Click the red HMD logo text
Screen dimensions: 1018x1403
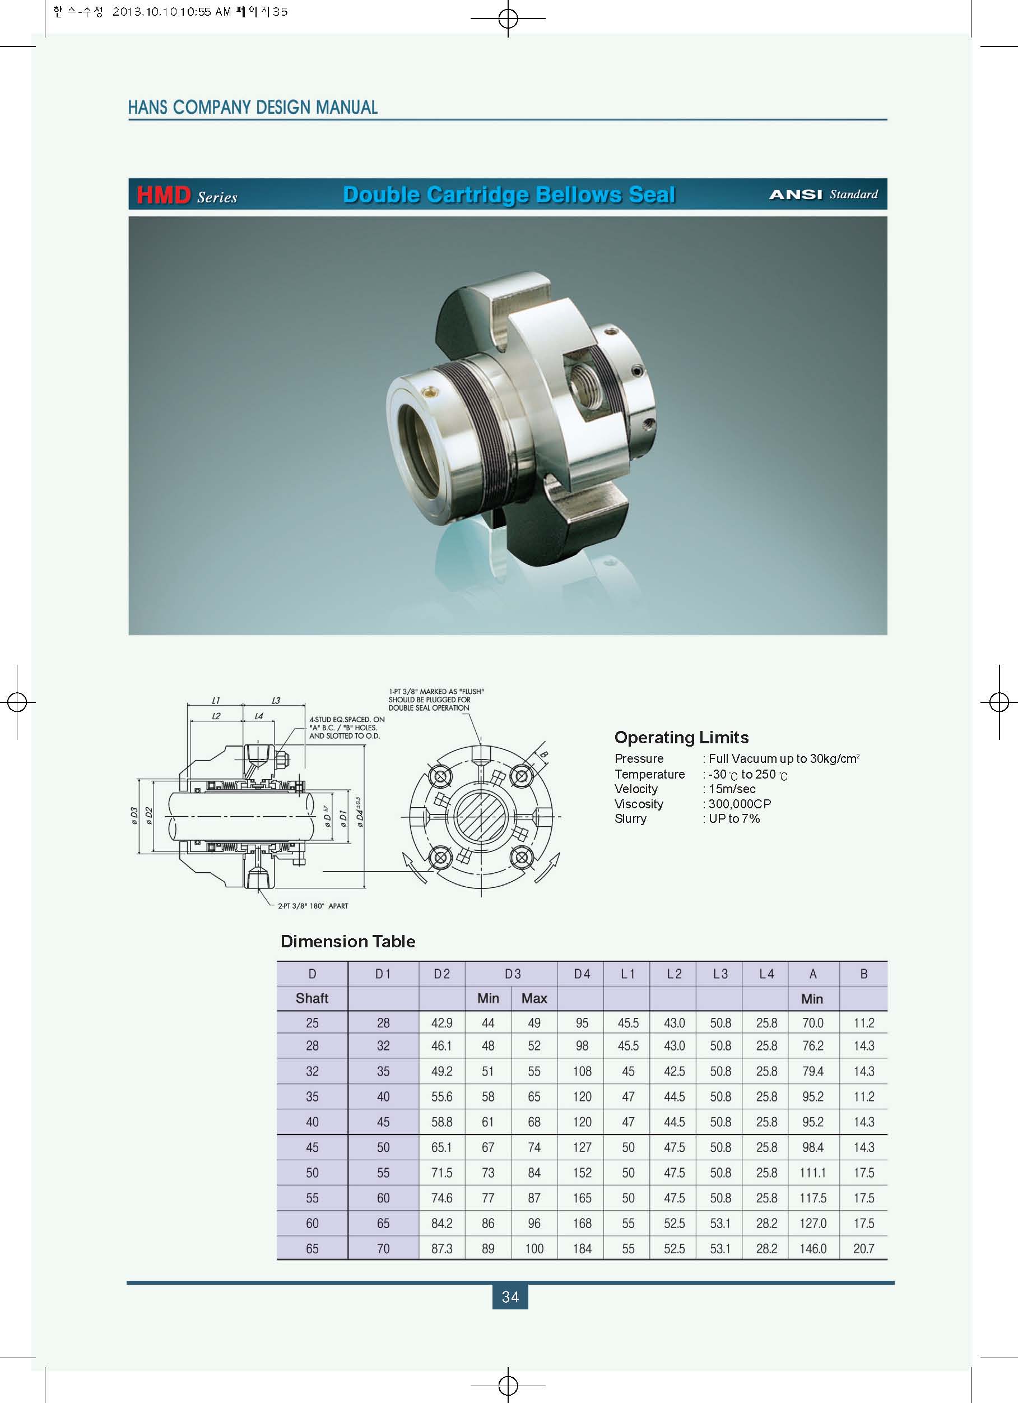(x=164, y=195)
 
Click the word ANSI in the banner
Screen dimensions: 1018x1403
(x=796, y=195)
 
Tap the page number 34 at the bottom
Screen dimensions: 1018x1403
(x=510, y=1296)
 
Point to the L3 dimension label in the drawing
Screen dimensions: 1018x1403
(x=276, y=700)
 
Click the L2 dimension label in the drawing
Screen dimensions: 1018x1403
(x=216, y=716)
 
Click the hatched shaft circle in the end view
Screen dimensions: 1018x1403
(x=481, y=817)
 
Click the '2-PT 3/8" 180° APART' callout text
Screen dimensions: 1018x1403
(x=313, y=906)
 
